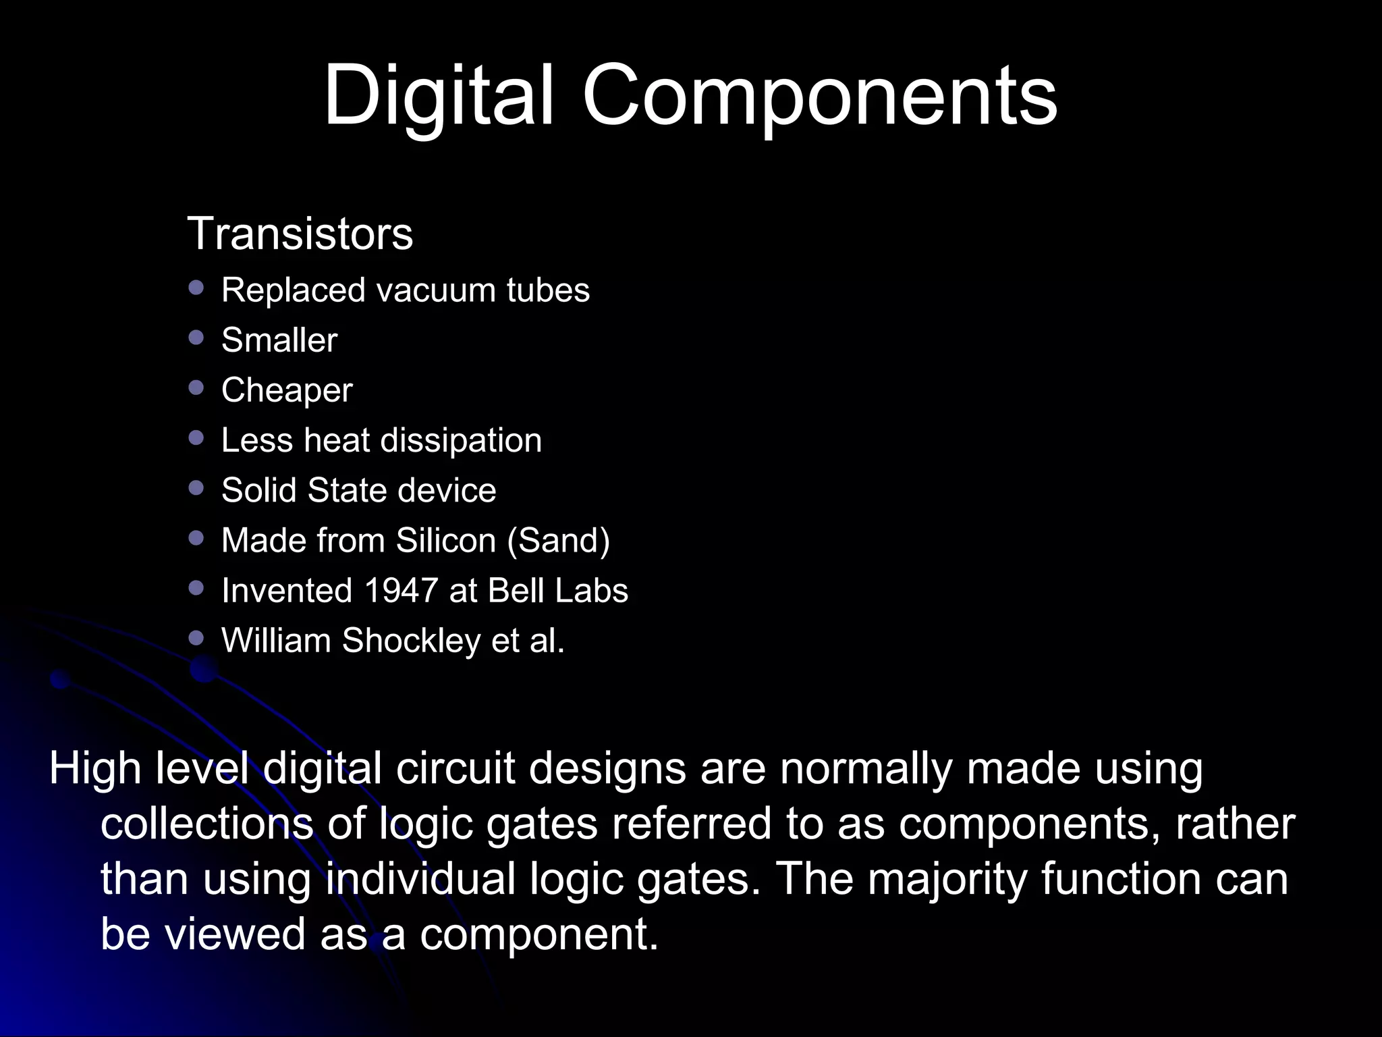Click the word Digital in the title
439,96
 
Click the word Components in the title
819,96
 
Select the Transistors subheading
300,234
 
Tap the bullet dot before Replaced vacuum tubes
196,288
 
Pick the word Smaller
279,340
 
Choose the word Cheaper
287,390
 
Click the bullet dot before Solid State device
196,488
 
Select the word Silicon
446,540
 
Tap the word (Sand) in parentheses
559,541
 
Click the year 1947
401,591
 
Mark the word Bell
516,591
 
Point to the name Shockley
411,641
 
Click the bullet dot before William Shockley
196,638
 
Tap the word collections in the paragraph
207,824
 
